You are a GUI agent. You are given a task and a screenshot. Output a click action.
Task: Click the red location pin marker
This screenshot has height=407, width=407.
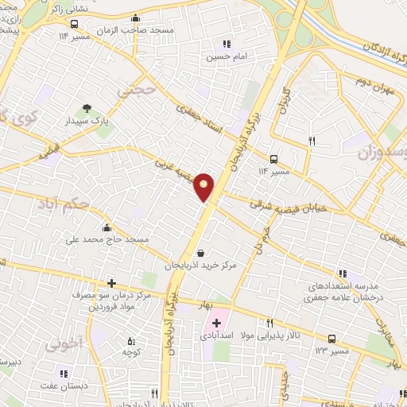[204, 187]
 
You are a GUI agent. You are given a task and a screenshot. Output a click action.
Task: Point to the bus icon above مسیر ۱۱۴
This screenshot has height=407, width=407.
[274, 158]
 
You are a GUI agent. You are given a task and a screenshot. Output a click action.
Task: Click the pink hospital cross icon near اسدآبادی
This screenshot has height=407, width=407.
[215, 323]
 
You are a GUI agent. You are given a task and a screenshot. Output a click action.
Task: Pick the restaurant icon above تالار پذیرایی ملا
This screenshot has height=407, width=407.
[269, 323]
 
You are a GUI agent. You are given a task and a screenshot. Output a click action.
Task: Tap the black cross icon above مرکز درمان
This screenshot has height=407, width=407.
[111, 283]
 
